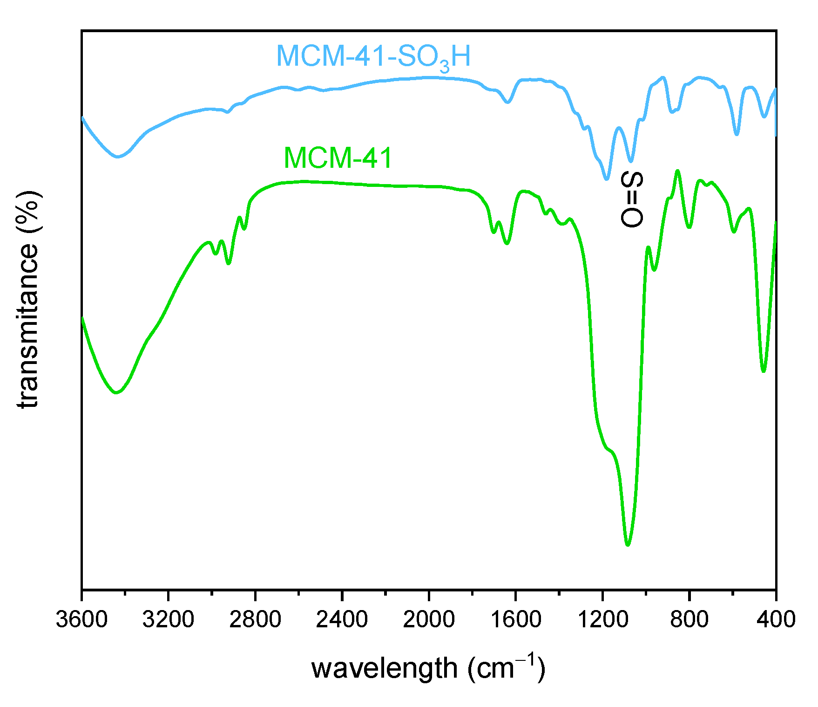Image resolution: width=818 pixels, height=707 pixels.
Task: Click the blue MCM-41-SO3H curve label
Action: pos(373,57)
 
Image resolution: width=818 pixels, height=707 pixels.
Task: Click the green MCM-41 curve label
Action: pos(338,158)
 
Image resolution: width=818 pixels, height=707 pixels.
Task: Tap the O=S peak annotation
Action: pos(632,199)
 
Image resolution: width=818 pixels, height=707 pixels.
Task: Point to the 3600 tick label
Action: pos(81,619)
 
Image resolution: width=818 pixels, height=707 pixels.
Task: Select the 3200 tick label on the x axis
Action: pos(168,619)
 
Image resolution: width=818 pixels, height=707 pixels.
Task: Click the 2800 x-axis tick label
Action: pos(255,619)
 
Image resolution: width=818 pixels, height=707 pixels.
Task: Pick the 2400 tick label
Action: pos(342,619)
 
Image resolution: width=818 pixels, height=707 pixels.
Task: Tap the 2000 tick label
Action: pos(429,619)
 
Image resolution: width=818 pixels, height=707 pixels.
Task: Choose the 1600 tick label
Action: pos(515,619)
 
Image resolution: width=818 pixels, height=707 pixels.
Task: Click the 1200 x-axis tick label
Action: pos(602,619)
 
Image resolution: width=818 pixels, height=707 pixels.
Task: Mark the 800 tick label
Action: pos(689,619)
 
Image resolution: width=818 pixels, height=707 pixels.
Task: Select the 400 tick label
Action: pos(776,619)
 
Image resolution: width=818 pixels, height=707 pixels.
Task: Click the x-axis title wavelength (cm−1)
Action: pos(428,668)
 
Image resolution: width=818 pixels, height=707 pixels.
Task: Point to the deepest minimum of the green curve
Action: pos(628,545)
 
